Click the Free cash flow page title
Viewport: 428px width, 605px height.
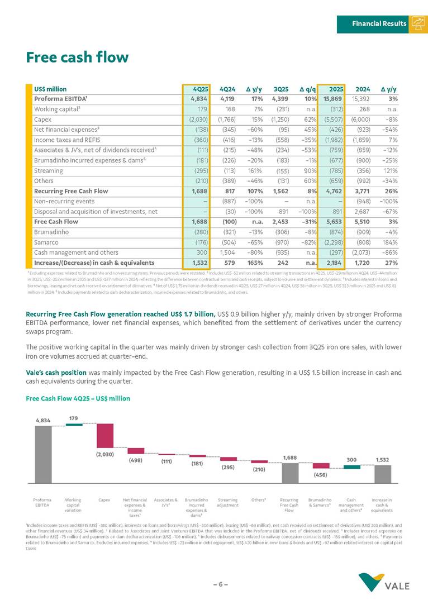tap(77, 57)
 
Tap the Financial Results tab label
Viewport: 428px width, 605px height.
tap(379, 23)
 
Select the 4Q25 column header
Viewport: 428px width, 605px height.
tap(200, 89)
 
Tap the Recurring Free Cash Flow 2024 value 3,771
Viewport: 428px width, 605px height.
tap(361, 191)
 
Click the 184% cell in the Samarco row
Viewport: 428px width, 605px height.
tap(389, 242)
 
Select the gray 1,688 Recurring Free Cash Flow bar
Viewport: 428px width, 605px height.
tap(289, 473)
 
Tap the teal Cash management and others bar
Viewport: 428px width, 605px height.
tap(351, 465)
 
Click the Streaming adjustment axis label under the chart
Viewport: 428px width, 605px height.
tap(227, 502)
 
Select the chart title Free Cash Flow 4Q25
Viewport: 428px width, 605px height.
tap(78, 398)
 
